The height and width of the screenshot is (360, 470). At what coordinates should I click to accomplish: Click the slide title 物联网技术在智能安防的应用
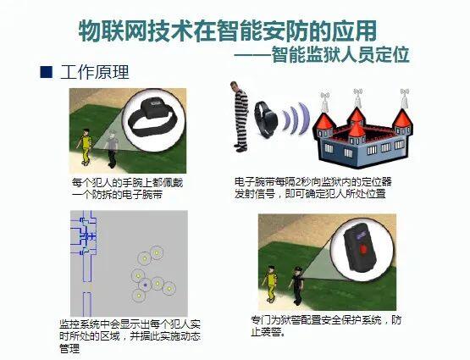[x=227, y=31]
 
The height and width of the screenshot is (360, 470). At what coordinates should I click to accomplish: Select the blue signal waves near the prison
[x=296, y=119]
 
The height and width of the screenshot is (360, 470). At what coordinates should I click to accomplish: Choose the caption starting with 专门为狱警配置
[x=322, y=326]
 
